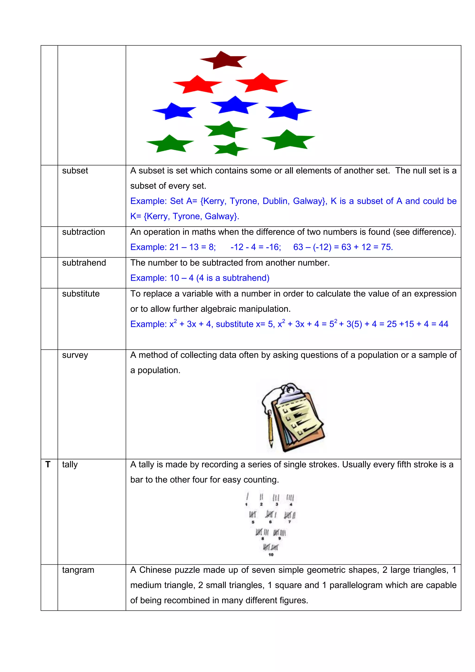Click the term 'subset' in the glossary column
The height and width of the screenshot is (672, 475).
tap(75, 171)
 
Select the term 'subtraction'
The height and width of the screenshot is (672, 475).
tap(83, 232)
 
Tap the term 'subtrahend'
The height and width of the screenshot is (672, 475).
tap(84, 263)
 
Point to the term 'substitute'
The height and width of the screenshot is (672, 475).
tap(81, 294)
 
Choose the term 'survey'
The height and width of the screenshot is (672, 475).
tap(75, 355)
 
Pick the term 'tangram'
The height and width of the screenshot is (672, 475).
tap(78, 570)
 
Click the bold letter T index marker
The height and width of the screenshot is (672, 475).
tap(48, 464)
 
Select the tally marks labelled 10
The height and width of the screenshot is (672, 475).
tap(271, 547)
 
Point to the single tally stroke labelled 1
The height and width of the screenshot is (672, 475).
tap(247, 497)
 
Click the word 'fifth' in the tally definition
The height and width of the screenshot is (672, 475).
tap(404, 464)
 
